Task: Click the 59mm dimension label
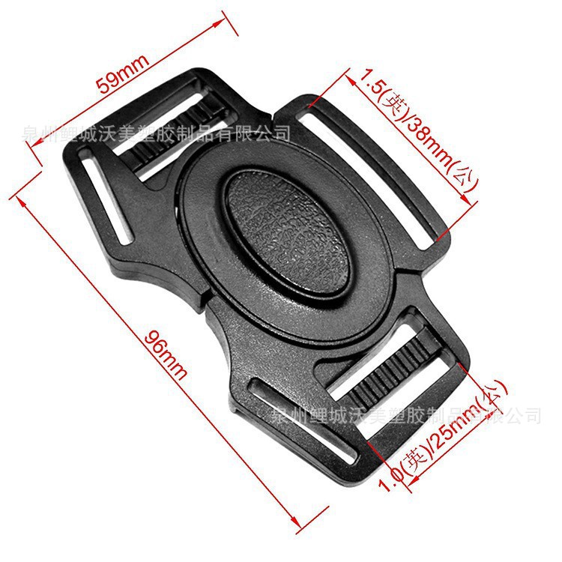pyautogui.click(x=124, y=72)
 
